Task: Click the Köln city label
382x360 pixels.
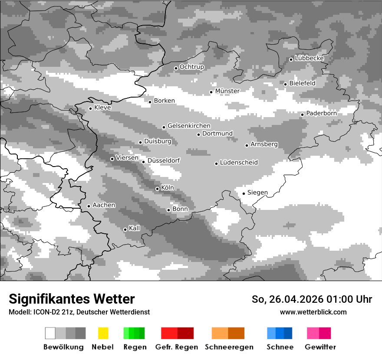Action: click(167, 188)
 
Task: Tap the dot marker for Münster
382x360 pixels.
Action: click(211, 92)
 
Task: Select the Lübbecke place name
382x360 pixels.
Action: click(309, 58)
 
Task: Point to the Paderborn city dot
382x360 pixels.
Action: click(302, 115)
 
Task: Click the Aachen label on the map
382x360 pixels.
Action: click(104, 205)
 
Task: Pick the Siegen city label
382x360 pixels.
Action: click(257, 193)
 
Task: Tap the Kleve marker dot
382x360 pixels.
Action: click(90, 108)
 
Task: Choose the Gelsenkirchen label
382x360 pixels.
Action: click(189, 126)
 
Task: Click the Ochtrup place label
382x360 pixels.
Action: click(191, 67)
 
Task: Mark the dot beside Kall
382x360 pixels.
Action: click(125, 229)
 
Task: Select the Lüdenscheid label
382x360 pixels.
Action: click(239, 163)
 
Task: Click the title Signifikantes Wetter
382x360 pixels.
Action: click(72, 299)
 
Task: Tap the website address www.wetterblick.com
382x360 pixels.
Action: click(313, 312)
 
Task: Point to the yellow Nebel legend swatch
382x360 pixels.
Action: click(103, 333)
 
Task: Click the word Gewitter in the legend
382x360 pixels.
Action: click(320, 347)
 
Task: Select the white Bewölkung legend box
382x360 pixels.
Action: click(50, 333)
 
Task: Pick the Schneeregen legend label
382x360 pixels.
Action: click(229, 347)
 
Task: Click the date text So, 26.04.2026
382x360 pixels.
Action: click(287, 299)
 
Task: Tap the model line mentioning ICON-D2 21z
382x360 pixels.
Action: click(79, 312)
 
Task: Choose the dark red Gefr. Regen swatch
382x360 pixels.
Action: click(185, 333)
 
